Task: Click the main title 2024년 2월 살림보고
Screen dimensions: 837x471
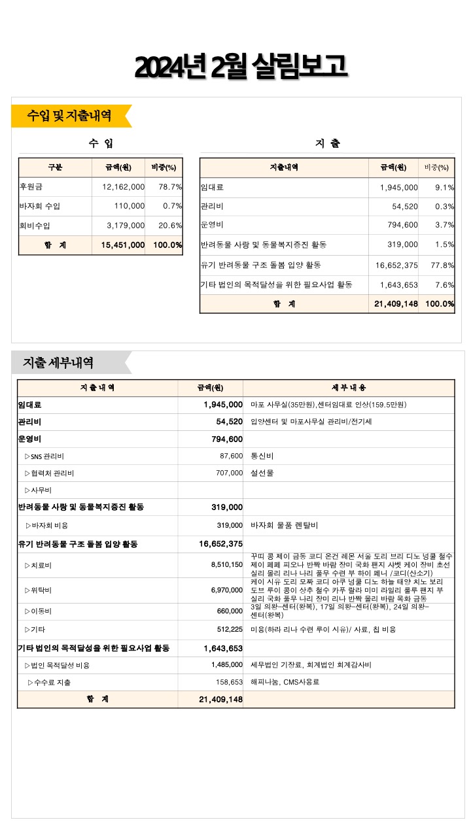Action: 241,67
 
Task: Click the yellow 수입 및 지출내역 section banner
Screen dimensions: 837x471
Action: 69,116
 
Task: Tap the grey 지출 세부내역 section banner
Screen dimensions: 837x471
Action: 59,362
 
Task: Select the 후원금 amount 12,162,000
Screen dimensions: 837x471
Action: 124,187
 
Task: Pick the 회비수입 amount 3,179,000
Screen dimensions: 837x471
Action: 126,226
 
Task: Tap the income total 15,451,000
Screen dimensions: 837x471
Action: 123,245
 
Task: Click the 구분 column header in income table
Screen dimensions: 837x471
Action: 55,167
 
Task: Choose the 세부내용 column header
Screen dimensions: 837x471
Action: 349,388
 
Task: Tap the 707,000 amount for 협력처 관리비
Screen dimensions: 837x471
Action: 229,473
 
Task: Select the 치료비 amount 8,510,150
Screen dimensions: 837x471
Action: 227,565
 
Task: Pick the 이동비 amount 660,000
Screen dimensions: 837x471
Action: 229,611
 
